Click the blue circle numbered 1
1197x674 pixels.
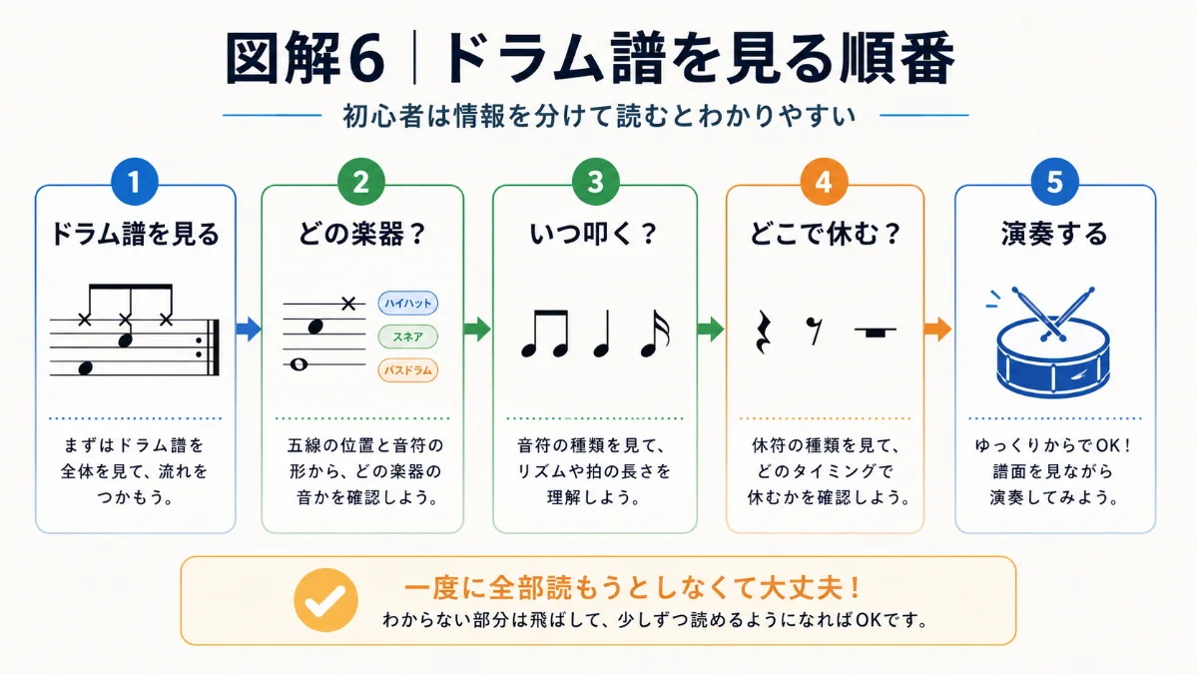135,182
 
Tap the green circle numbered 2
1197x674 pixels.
361,182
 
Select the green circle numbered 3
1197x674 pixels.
595,182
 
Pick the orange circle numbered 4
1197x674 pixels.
824,182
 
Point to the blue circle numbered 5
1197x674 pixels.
1054,182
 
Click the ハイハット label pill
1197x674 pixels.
407,303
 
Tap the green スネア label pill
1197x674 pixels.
407,337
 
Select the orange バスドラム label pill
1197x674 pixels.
407,370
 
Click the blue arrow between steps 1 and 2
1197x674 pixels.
249,329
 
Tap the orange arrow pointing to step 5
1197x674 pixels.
938,329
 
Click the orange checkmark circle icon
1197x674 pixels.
326,600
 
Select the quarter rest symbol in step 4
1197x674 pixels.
763,333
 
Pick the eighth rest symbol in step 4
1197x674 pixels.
816,332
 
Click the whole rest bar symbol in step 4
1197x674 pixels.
876,332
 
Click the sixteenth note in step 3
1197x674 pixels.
655,334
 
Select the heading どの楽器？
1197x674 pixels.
361,234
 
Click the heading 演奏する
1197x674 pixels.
1054,234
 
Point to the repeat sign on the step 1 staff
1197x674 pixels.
209,347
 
